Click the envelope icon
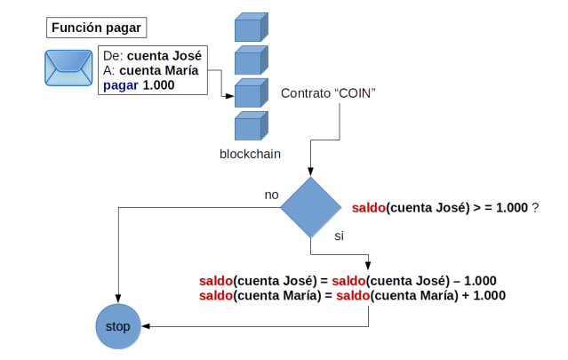coord(68,64)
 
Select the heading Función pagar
coord(96,28)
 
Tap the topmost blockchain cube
coord(251,28)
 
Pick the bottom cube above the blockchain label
coord(251,125)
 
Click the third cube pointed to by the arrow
coord(251,92)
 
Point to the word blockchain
coord(251,154)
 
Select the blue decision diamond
coord(310,208)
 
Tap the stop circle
coord(117,326)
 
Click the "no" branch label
coord(272,193)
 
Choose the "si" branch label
coord(339,236)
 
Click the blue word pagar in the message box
coord(121,85)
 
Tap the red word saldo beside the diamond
coord(369,208)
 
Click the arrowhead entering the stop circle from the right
coord(145,326)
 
